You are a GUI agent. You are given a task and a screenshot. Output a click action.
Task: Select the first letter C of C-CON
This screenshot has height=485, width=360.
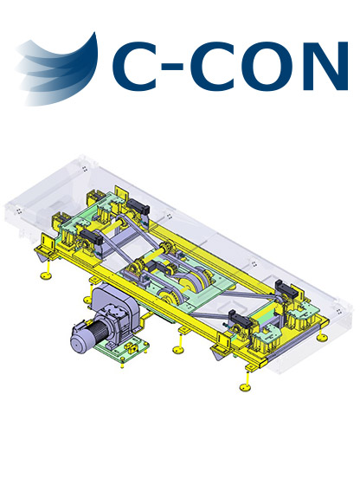click(135, 66)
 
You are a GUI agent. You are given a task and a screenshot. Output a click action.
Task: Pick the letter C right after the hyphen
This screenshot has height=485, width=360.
click(213, 66)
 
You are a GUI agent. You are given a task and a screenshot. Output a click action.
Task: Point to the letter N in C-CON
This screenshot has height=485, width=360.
click(325, 66)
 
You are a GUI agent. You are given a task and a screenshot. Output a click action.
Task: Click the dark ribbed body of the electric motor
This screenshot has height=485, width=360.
click(104, 332)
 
